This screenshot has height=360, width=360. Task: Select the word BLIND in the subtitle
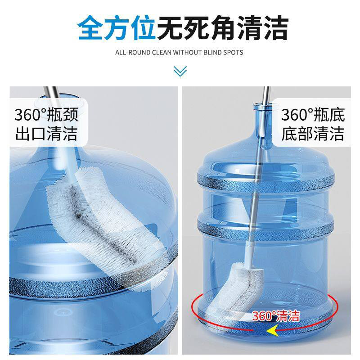[x=213, y=53]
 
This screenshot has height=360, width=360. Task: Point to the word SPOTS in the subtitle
[x=234, y=53]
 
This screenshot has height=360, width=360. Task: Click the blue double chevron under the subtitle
[x=180, y=71]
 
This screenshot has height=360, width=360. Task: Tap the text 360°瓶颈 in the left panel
[x=46, y=115]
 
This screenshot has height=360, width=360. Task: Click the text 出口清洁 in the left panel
[x=46, y=134]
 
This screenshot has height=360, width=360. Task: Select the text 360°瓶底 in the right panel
[x=313, y=115]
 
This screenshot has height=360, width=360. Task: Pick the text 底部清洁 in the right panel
[x=313, y=134]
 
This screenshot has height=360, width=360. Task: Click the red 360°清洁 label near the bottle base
[x=275, y=316]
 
